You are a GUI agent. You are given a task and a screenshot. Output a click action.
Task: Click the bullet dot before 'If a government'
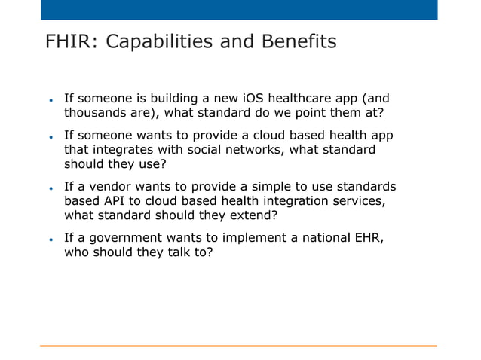pos(50,239)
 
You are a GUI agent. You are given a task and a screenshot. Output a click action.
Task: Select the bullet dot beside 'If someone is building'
pos(50,99)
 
